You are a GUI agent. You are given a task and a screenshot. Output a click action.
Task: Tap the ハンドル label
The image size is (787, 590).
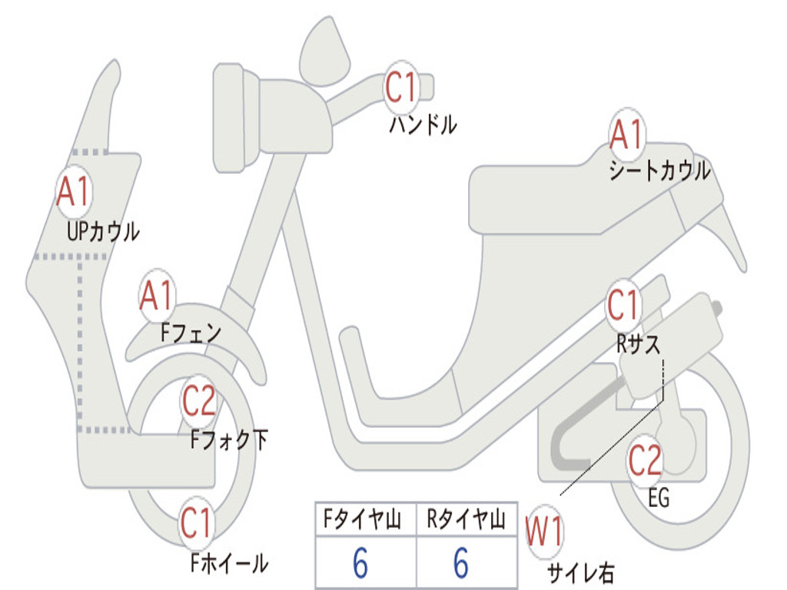(423, 124)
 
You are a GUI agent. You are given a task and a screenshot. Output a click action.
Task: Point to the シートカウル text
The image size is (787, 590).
(659, 171)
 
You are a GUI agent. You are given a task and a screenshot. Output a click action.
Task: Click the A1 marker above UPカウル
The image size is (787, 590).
(74, 191)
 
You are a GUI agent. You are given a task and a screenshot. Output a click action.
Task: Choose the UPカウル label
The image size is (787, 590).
(103, 232)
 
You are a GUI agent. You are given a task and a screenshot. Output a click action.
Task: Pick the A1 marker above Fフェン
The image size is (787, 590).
(157, 296)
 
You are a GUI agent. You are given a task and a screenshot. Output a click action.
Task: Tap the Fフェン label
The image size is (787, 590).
(191, 332)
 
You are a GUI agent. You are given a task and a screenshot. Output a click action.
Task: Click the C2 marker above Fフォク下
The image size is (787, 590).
(199, 401)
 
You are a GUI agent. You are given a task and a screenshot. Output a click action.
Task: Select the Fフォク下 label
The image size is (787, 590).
(229, 439)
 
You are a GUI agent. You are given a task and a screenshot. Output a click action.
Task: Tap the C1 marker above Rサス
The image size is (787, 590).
(623, 305)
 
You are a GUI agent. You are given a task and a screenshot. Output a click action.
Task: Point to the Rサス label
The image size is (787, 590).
(638, 343)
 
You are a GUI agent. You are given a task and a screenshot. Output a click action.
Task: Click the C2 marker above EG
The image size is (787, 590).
(645, 460)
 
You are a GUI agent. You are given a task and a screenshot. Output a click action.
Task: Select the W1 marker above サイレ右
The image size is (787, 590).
(544, 532)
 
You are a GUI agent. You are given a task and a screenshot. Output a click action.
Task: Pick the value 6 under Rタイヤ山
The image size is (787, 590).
(461, 562)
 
